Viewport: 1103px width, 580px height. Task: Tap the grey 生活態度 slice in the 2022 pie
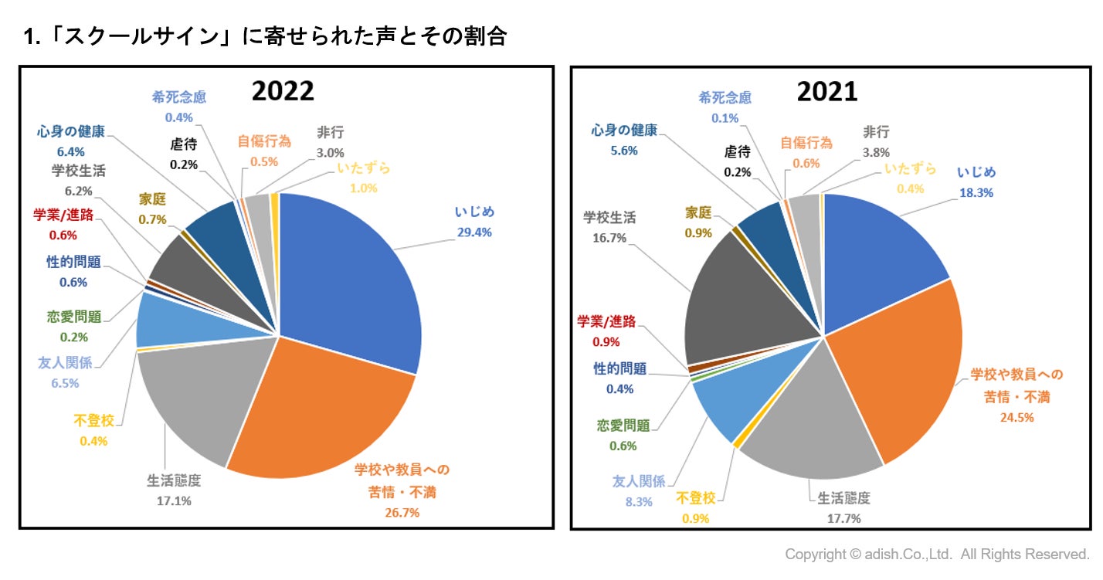[193, 402]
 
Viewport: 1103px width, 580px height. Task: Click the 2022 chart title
[283, 91]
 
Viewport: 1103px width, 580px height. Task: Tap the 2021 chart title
[826, 91]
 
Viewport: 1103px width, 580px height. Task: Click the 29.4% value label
[474, 232]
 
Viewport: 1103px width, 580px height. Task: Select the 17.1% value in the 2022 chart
[175, 500]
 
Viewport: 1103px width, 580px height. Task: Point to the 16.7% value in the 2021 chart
[609, 239]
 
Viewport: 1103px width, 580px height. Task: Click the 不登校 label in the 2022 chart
[93, 421]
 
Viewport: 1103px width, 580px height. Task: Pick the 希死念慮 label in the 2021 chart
[724, 98]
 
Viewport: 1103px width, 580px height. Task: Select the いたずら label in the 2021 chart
[910, 168]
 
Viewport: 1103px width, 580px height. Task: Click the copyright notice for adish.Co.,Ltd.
[937, 555]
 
